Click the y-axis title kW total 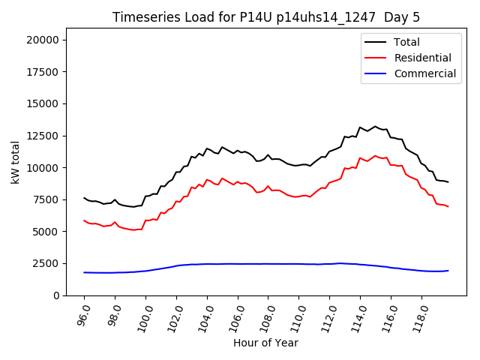click(15, 160)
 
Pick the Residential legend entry click(422, 58)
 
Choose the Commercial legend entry click(424, 73)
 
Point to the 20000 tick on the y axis click(48, 40)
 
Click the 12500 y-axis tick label click(48, 136)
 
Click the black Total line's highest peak click(375, 127)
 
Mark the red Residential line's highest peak click(375, 156)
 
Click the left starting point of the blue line click(84, 272)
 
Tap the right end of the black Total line click(448, 182)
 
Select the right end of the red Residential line click(448, 206)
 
